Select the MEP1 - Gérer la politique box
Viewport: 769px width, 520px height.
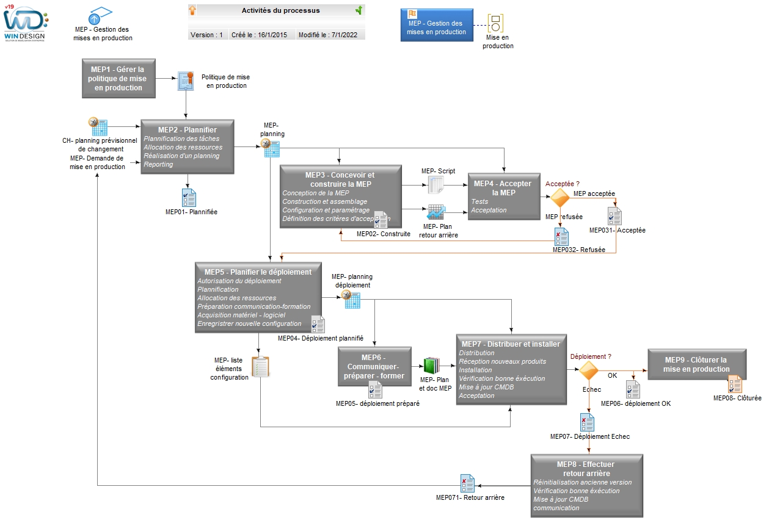pyautogui.click(x=118, y=78)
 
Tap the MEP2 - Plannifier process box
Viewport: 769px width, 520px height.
pyautogui.click(x=188, y=146)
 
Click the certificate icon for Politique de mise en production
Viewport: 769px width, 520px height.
pyautogui.click(x=186, y=81)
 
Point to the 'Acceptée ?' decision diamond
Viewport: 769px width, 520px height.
pyautogui.click(x=560, y=197)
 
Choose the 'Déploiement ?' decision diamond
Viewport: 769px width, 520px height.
pyautogui.click(x=589, y=370)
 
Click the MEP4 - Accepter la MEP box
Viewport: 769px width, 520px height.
pyautogui.click(x=504, y=196)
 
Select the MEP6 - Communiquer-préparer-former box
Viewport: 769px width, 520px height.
pyautogui.click(x=374, y=366)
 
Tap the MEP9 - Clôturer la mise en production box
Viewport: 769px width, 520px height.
pyautogui.click(x=696, y=364)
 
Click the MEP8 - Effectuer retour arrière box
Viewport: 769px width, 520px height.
pyautogui.click(x=587, y=486)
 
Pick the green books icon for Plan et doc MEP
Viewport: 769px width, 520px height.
pyautogui.click(x=432, y=366)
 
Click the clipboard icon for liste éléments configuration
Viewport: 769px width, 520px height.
pyautogui.click(x=261, y=367)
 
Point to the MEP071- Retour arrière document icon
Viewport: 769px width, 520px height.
pyautogui.click(x=467, y=483)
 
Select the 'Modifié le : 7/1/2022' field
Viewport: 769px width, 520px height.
pyautogui.click(x=328, y=35)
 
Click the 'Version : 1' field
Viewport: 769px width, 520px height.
pyautogui.click(x=206, y=35)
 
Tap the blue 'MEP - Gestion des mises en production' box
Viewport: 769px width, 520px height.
pyautogui.click(x=437, y=25)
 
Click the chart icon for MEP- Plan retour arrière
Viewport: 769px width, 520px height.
pyautogui.click(x=436, y=212)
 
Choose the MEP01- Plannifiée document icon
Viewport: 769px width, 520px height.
pyautogui.click(x=189, y=198)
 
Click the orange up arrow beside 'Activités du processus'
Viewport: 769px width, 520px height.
pyautogui.click(x=192, y=10)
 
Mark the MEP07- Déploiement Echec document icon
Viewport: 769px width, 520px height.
pyautogui.click(x=587, y=422)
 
